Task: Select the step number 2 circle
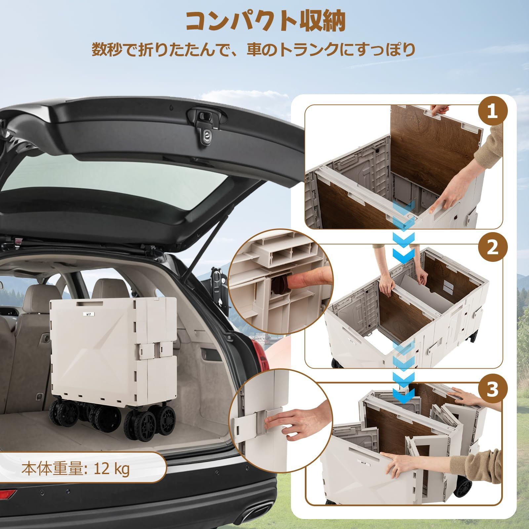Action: click(493, 248)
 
